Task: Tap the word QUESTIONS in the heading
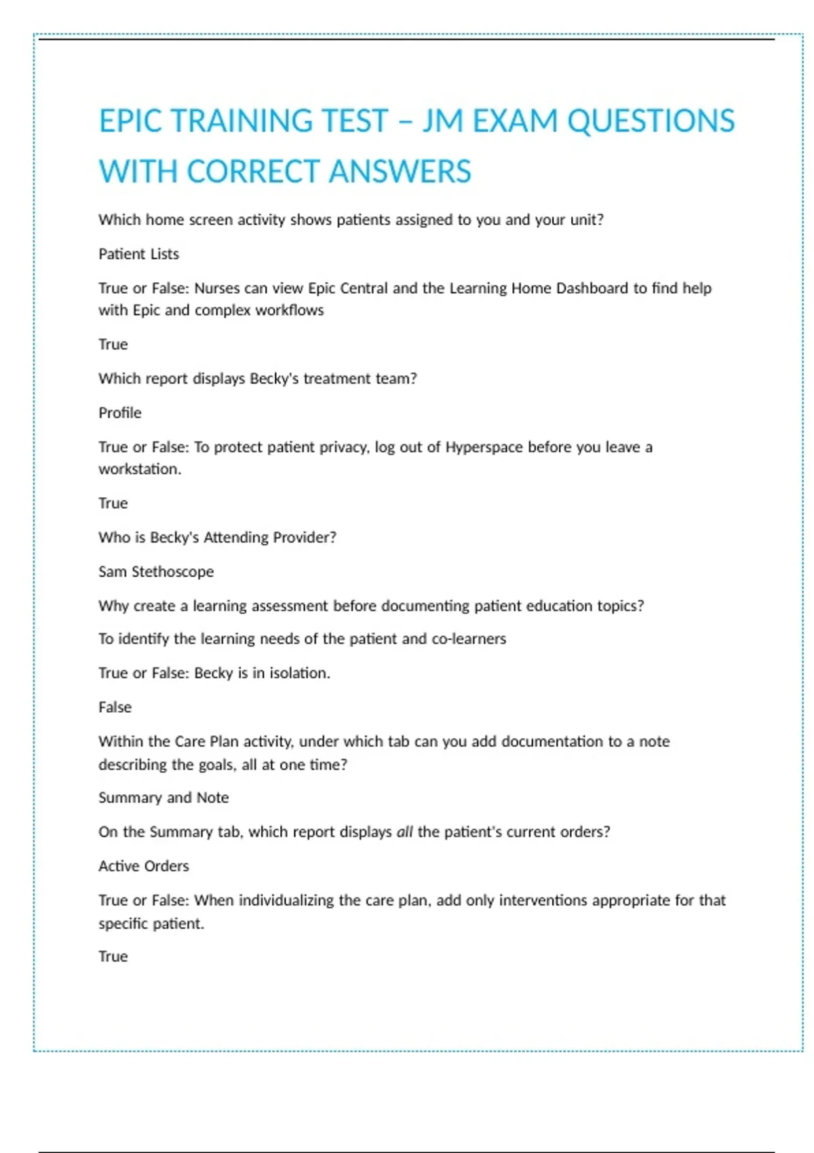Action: pyautogui.click(x=651, y=121)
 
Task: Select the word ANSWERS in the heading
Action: pyautogui.click(x=400, y=172)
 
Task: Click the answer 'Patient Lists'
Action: pyautogui.click(x=138, y=254)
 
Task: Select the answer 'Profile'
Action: pyautogui.click(x=120, y=413)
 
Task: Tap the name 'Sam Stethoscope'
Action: pyautogui.click(x=156, y=572)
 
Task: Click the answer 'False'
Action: pyautogui.click(x=115, y=707)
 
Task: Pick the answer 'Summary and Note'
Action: pyautogui.click(x=163, y=798)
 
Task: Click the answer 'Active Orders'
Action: pyautogui.click(x=144, y=866)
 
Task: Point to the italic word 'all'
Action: pyautogui.click(x=404, y=832)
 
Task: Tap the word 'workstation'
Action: pyautogui.click(x=139, y=469)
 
